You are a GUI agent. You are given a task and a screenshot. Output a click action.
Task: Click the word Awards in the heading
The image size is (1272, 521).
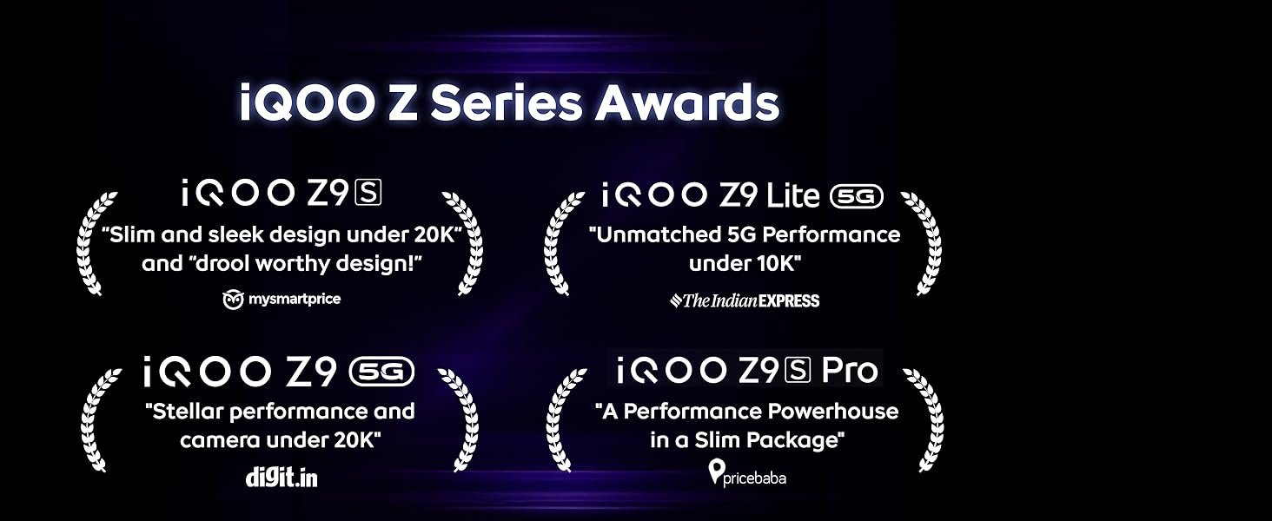coord(687,102)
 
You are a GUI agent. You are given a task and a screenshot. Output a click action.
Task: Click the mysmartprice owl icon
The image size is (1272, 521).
coord(233,300)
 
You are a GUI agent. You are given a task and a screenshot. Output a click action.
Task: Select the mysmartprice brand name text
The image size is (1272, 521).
coord(295,299)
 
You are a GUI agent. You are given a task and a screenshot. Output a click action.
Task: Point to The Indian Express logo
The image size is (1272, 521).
coord(745,300)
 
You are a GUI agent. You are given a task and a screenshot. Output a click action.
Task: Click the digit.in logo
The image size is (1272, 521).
coord(282,478)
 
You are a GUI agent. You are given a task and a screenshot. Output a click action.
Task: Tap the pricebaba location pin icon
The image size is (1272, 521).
coord(717,472)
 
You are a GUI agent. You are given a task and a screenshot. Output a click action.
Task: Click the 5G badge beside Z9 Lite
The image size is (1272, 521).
coord(857,196)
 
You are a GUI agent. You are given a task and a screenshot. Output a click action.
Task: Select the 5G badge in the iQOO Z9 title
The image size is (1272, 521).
coord(382,373)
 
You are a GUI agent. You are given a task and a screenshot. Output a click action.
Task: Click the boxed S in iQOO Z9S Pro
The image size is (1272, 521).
coord(798,370)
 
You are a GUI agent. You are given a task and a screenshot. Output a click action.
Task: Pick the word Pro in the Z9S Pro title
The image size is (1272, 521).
coord(850,370)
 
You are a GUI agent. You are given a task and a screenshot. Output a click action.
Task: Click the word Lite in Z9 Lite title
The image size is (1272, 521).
coord(792,195)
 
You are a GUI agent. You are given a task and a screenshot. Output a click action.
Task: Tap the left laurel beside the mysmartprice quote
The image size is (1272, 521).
coord(94,243)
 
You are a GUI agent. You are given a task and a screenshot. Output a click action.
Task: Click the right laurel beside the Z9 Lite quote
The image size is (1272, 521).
coord(922,243)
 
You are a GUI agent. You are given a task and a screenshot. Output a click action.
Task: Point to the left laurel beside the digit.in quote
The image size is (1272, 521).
coord(98,420)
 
